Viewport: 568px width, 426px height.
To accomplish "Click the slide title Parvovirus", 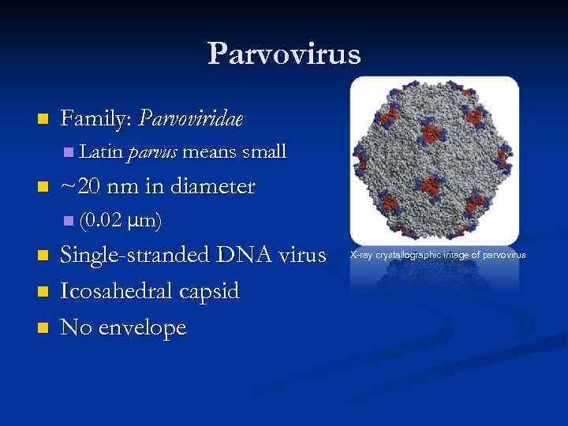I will [284, 54].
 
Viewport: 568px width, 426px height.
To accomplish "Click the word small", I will [264, 151].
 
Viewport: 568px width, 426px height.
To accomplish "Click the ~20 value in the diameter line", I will [80, 186].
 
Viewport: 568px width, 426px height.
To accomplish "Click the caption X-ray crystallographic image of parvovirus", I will [437, 255].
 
